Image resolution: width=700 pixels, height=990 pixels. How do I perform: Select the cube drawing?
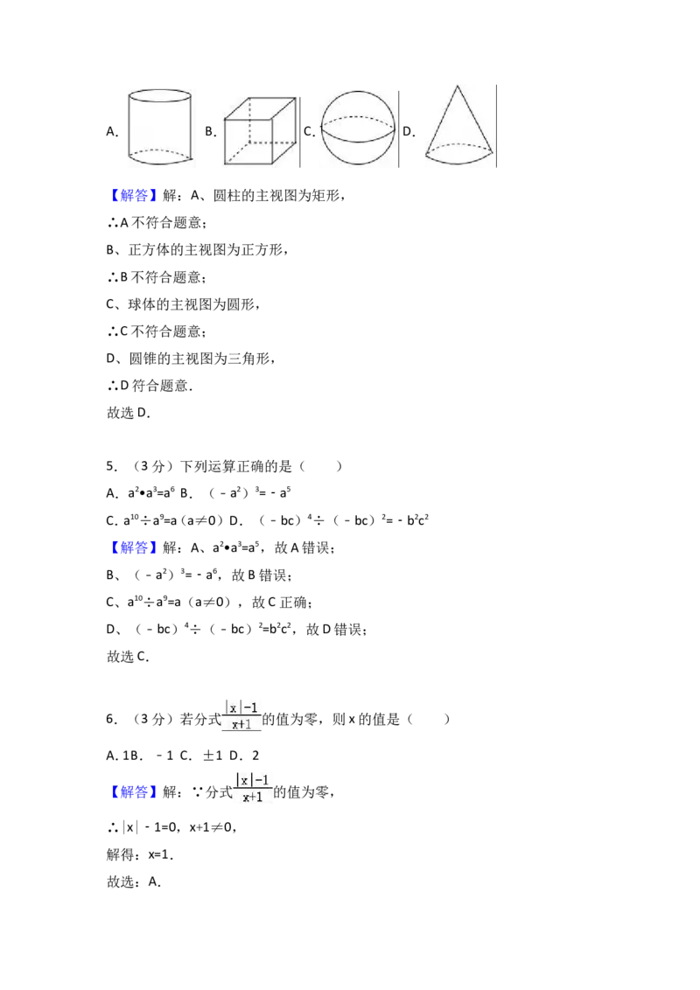260,130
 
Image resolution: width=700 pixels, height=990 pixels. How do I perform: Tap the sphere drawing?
358,129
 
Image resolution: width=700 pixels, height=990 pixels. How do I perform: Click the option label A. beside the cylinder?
113,131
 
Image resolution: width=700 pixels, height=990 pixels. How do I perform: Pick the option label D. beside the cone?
409,131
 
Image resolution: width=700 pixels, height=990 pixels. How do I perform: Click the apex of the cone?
458,86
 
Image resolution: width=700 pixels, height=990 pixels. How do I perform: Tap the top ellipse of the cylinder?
160,95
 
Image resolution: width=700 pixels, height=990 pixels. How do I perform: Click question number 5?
112,467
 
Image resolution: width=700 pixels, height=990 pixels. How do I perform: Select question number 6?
112,719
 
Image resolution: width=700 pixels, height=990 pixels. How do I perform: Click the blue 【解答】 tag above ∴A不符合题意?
131,196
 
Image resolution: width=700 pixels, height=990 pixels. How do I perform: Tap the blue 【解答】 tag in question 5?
131,547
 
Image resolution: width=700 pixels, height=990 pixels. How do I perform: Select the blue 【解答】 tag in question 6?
131,791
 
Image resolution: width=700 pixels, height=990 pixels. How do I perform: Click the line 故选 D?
129,413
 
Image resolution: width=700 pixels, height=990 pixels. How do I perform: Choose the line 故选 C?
128,657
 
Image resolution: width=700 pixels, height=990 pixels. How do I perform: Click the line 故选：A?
133,882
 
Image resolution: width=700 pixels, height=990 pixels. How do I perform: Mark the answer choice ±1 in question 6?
213,756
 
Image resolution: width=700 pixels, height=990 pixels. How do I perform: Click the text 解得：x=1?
140,855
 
